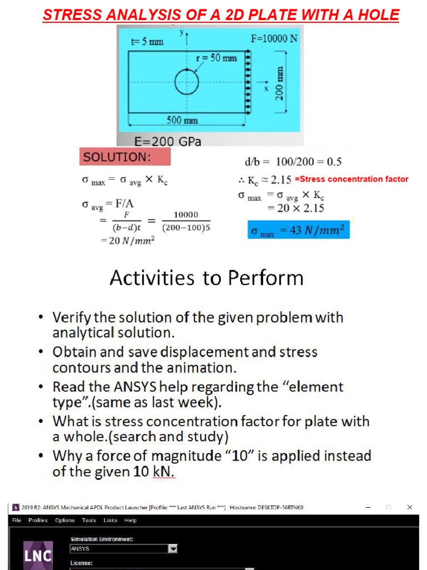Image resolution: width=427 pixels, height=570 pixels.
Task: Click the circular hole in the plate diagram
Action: click(186, 83)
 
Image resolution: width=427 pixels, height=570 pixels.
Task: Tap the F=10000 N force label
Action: click(274, 38)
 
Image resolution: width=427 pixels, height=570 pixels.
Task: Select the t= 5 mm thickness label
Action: click(147, 42)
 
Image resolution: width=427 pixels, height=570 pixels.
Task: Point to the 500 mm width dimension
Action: click(182, 120)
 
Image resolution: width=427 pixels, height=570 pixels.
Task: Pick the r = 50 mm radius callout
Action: click(217, 58)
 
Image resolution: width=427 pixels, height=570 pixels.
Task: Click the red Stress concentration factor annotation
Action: click(351, 179)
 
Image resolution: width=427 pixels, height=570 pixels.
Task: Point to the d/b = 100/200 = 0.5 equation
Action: click(293, 162)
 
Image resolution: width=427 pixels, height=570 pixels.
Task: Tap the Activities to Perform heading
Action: click(207, 278)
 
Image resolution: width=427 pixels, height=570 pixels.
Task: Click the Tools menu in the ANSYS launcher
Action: click(89, 520)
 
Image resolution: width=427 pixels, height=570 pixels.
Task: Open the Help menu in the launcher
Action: click(130, 520)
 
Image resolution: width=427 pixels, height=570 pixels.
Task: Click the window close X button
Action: click(410, 507)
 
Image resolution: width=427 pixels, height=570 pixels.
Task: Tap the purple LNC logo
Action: click(38, 555)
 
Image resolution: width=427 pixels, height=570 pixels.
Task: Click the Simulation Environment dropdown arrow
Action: click(173, 549)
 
